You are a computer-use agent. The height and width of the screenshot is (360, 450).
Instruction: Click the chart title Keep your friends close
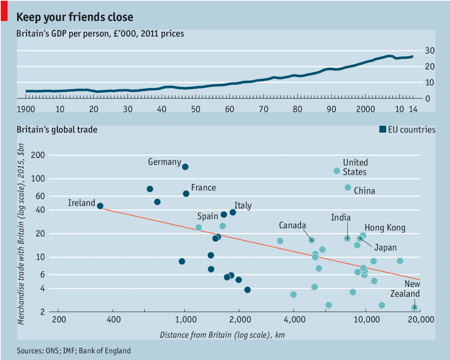pos(75,17)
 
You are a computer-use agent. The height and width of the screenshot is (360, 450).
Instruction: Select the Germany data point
pos(185,166)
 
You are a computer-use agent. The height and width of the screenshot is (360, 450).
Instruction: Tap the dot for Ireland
pos(100,206)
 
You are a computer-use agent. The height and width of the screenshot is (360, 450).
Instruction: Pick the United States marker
pos(336,171)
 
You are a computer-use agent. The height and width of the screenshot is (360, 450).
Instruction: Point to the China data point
pos(348,187)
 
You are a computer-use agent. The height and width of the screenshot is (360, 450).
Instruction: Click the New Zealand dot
pos(414,307)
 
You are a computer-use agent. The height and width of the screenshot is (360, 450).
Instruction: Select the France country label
pos(203,187)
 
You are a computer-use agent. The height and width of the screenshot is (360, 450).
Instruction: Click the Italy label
pos(243,205)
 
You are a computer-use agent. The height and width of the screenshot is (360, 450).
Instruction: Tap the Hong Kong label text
pos(385,228)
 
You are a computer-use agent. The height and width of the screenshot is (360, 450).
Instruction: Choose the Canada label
pos(292,225)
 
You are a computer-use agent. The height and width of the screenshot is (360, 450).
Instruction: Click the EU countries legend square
pos(383,130)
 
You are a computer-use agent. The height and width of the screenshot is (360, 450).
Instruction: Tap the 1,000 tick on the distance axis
pos(185,319)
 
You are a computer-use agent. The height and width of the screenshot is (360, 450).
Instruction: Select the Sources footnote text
pos(73,351)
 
